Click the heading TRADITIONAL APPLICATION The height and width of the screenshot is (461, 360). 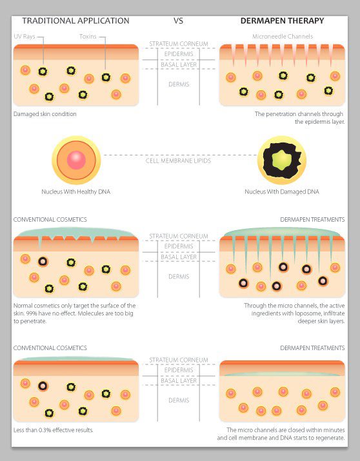pos(75,21)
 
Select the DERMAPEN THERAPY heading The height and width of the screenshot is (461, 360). pos(283,21)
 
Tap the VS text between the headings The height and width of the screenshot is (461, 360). pos(178,21)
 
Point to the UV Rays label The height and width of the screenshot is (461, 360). pos(25,37)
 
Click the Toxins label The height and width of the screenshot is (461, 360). pos(88,37)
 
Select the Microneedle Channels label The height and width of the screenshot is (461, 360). pos(283,37)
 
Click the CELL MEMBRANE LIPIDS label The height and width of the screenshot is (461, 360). pos(178,161)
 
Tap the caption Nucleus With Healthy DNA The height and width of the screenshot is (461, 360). pos(76,191)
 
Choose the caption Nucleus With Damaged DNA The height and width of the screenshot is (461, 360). pos(282,191)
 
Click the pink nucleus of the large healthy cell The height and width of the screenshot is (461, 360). pos(76,160)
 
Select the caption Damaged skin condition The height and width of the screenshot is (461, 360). pos(45,114)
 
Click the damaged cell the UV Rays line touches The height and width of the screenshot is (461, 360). pos(43,72)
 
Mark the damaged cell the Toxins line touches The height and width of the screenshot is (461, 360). pos(106,77)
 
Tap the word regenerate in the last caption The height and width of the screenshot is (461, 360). pos(330,438)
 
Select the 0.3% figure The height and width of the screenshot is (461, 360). pos(45,430)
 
